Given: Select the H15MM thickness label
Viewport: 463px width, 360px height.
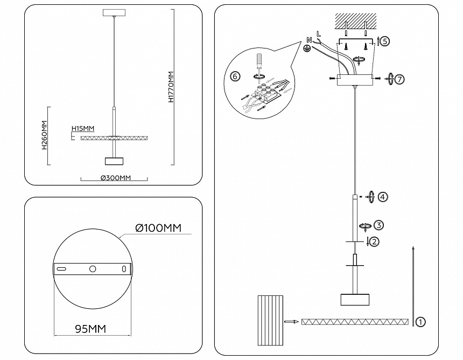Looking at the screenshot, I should [x=83, y=128].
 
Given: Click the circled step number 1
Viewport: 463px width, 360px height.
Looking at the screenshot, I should [x=421, y=322].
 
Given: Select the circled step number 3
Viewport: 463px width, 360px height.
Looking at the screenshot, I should [x=379, y=225].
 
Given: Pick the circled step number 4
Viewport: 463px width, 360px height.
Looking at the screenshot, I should [x=382, y=197].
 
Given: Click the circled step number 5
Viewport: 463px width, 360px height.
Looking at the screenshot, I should [x=384, y=40].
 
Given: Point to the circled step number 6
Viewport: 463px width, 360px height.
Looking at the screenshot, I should [x=235, y=76].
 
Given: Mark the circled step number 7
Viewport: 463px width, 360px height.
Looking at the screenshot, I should [x=399, y=79].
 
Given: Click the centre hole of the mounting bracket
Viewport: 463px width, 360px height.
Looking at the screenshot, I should [x=93, y=268].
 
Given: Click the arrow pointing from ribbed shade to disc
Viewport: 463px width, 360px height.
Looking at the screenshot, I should [x=291, y=322].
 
